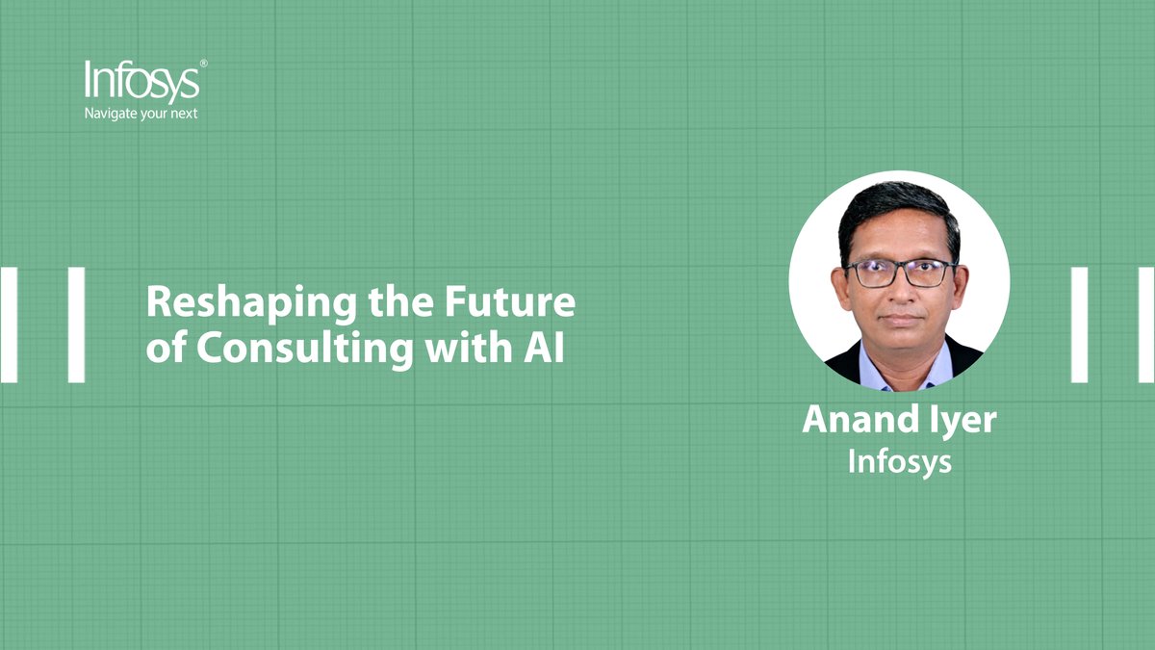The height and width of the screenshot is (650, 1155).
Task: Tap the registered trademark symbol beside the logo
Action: pos(203,64)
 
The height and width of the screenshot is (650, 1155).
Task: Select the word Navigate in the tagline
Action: pos(111,114)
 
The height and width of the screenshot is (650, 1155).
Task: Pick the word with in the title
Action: pos(461,348)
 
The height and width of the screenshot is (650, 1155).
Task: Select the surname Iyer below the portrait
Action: pos(958,422)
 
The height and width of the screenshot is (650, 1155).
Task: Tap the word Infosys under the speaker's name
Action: pos(899,461)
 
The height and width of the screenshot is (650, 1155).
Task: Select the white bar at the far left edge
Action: pos(9,325)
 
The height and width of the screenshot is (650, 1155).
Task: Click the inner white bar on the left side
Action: pos(76,325)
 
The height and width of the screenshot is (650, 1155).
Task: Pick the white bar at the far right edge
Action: pos(1146,325)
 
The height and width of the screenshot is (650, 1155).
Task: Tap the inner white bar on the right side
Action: pos(1079,325)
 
